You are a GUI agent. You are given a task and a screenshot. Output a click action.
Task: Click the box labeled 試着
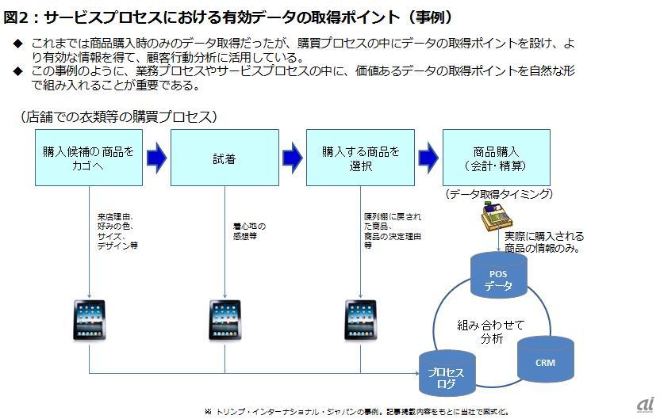coord(224,158)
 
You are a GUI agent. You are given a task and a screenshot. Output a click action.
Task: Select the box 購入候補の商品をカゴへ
coord(89,158)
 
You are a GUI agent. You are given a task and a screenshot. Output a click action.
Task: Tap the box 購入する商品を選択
coord(360,158)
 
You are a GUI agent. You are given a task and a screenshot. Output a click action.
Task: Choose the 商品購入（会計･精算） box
coord(496,158)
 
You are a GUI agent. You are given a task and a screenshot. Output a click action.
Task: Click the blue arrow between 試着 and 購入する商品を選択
coord(293,158)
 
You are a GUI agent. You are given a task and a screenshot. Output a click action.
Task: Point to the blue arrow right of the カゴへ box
coord(156,158)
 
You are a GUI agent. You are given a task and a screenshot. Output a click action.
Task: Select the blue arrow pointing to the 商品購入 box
coord(428,158)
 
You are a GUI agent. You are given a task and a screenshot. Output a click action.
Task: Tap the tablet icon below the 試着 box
coord(224,319)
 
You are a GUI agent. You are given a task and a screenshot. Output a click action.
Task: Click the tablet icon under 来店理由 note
coord(89,319)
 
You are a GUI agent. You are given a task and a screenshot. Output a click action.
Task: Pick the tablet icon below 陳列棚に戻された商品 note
coord(360,319)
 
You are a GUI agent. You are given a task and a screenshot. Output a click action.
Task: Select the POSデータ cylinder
coord(498,278)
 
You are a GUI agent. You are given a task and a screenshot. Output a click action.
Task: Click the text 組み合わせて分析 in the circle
coord(491,331)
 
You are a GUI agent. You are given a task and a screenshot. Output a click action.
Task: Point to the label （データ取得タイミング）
coord(498,194)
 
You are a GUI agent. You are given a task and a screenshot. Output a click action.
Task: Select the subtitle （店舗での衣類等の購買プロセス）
coord(119,116)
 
